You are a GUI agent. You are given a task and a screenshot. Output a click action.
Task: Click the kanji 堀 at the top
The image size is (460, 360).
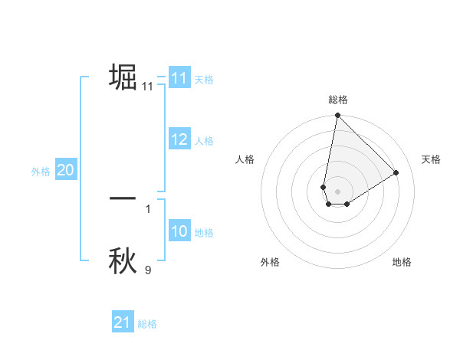[123, 77]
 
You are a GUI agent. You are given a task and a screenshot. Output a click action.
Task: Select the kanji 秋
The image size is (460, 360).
[123, 260]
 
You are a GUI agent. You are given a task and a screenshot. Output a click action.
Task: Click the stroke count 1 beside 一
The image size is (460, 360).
[148, 208]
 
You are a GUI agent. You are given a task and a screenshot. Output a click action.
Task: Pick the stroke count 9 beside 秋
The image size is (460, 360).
[148, 270]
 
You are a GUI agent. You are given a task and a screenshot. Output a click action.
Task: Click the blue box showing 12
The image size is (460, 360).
[179, 139]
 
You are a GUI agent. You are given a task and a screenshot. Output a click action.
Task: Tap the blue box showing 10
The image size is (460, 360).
[179, 231]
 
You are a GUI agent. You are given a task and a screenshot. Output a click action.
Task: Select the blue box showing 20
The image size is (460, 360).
[66, 170]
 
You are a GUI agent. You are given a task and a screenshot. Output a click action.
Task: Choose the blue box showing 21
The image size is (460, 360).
[123, 322]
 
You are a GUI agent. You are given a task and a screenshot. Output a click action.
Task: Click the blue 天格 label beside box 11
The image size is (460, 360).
[204, 79]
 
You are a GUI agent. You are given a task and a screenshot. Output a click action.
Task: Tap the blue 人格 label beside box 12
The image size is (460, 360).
[204, 140]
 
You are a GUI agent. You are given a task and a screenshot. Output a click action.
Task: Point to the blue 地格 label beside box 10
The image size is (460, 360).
[204, 232]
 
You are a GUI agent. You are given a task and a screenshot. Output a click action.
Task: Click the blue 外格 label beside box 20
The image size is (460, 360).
[41, 172]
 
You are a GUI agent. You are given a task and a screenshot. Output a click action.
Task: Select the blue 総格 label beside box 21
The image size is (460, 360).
[147, 324]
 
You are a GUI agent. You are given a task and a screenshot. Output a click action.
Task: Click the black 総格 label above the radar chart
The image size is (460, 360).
[338, 100]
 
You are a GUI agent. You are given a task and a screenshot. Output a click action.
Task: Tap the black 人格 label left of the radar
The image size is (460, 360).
[245, 159]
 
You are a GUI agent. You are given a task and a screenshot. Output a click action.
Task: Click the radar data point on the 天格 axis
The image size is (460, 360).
[396, 172]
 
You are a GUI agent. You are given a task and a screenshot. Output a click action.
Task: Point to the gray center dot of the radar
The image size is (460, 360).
[338, 191]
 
